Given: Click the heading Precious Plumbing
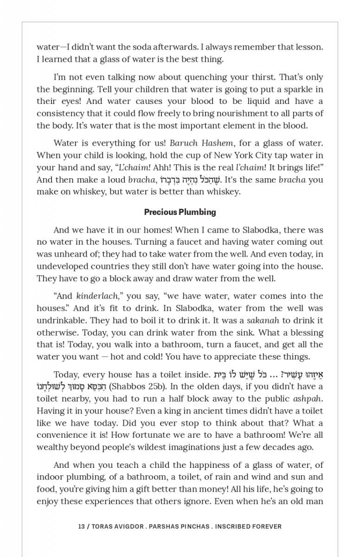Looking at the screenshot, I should pyautogui.click(x=180, y=212).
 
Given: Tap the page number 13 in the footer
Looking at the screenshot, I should pyautogui.click(x=82, y=526).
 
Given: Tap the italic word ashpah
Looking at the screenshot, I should pyautogui.click(x=308, y=398).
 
